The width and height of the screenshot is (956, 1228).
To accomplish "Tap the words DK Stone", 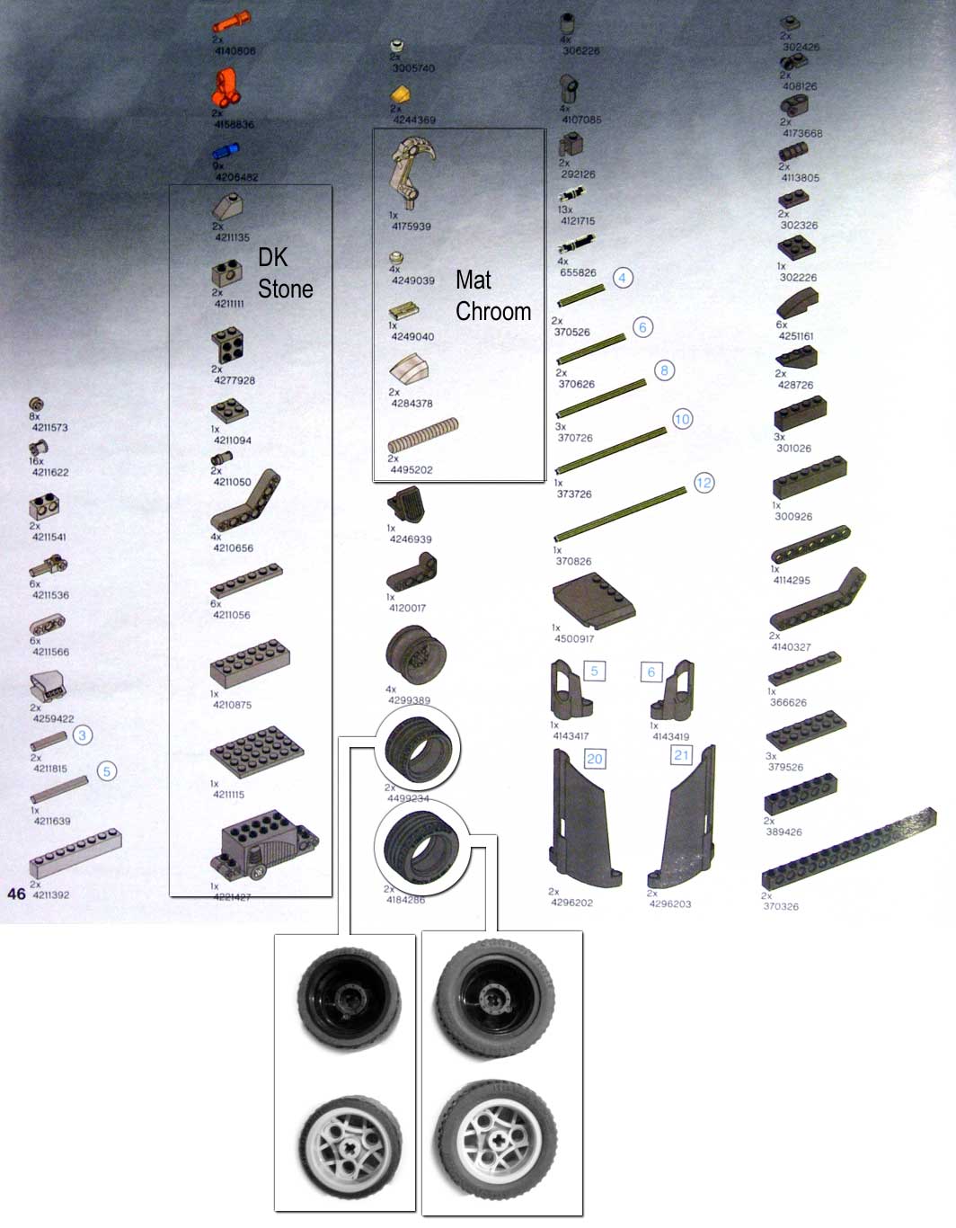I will point(285,273).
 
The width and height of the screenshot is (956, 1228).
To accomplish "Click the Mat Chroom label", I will point(492,296).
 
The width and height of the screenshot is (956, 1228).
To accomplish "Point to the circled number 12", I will point(704,483).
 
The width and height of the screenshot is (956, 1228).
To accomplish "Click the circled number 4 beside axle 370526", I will point(623,278).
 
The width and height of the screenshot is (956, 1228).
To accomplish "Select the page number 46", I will point(16,894).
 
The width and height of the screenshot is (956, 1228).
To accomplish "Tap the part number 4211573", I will point(50,427).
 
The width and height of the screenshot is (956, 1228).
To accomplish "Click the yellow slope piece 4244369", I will point(401,93).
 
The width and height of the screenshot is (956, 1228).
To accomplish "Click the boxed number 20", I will point(594,759).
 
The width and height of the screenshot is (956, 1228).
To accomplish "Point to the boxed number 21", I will point(682,755).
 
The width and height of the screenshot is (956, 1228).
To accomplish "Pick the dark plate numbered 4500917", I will point(593,600).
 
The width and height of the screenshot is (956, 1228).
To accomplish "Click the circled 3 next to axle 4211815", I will point(82,735).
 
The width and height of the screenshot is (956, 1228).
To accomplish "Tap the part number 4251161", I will point(796,336).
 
